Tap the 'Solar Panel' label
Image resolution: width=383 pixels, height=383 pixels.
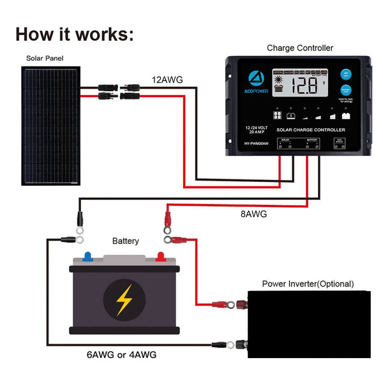pyautogui.click(x=45, y=58)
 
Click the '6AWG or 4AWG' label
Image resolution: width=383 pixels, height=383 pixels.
pyautogui.click(x=121, y=354)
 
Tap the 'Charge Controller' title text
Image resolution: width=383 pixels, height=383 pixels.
pyautogui.click(x=300, y=48)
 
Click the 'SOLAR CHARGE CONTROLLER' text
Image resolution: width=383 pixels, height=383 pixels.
pyautogui.click(x=310, y=130)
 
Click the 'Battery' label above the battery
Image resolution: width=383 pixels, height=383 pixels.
pyautogui.click(x=125, y=241)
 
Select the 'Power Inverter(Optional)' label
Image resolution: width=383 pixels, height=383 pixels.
pyautogui.click(x=308, y=283)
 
